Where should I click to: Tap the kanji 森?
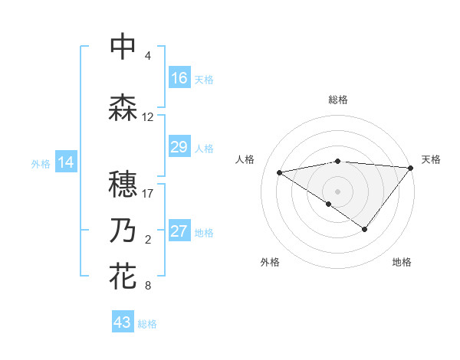123,107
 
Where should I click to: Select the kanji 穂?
123,183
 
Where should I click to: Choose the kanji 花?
123,276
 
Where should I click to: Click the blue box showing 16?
179,78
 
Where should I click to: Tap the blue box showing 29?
179,147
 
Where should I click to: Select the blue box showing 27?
179,232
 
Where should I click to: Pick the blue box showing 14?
65,162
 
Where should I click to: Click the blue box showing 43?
123,322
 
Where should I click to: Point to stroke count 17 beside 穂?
148,193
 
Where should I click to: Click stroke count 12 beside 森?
148,117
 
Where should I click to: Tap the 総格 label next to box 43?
147,324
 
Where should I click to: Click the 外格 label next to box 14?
41,164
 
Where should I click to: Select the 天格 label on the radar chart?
431,159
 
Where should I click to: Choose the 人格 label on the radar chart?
245,159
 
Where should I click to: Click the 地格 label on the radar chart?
402,262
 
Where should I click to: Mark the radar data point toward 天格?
411,167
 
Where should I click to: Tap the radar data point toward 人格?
280,172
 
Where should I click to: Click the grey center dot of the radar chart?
337,191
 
